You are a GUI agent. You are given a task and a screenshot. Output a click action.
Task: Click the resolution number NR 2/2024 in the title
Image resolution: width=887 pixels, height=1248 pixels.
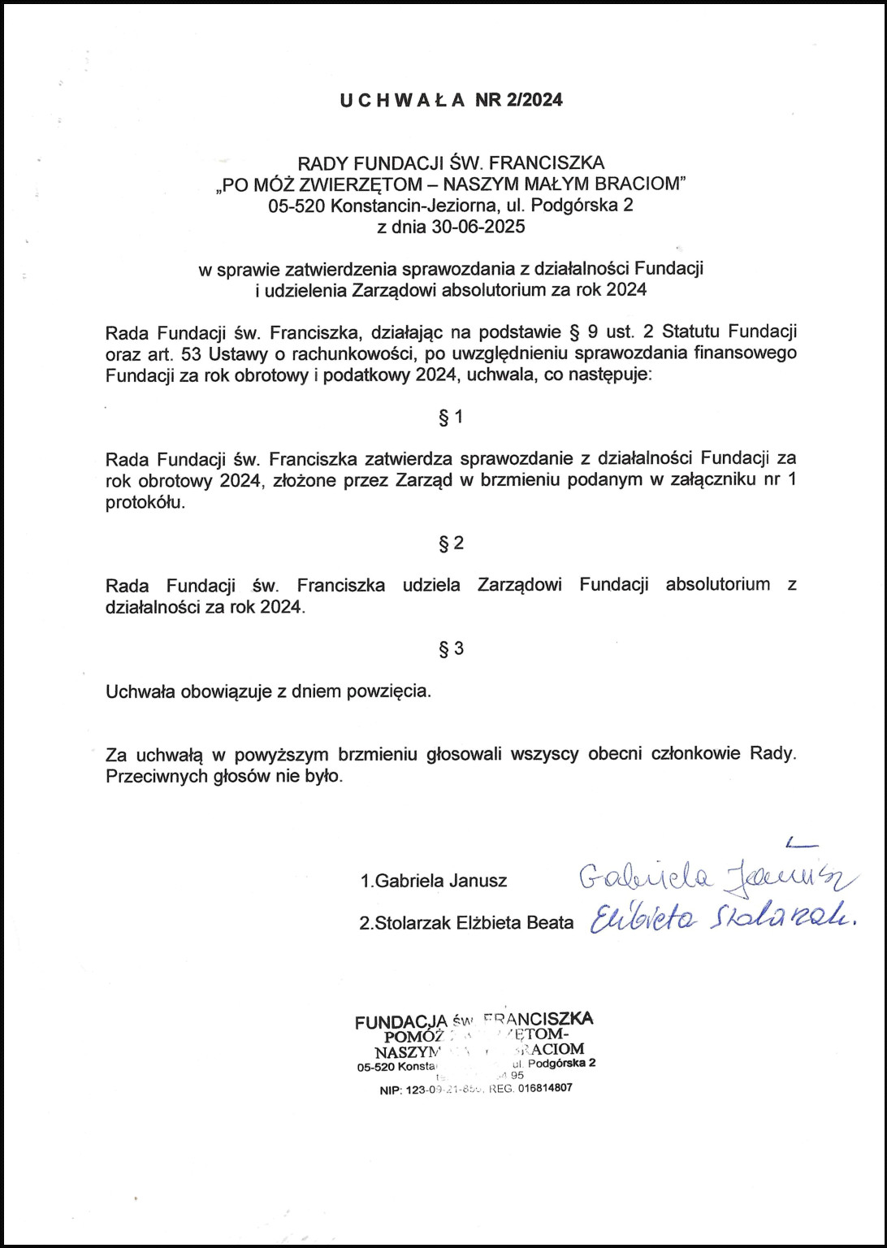[519, 100]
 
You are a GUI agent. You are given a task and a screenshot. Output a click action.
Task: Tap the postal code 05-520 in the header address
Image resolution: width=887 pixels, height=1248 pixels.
[297, 206]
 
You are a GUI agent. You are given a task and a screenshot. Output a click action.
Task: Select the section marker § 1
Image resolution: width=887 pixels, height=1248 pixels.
[451, 418]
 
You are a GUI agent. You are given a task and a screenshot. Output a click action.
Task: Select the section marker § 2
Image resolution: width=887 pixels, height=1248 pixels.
[451, 543]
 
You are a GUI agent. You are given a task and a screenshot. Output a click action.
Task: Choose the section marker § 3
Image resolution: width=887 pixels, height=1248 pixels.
[451, 648]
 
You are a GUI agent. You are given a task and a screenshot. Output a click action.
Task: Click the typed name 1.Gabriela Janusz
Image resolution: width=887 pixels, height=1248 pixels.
[434, 881]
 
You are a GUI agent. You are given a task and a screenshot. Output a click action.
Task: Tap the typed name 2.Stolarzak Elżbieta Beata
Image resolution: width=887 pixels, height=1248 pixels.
[466, 924]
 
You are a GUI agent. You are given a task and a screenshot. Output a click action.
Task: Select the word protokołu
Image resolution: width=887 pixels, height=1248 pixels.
[145, 502]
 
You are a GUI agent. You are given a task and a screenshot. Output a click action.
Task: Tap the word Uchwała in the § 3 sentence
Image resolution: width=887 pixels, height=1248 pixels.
[140, 692]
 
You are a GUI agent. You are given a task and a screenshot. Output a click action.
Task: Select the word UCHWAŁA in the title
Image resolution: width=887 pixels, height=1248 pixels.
[403, 100]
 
